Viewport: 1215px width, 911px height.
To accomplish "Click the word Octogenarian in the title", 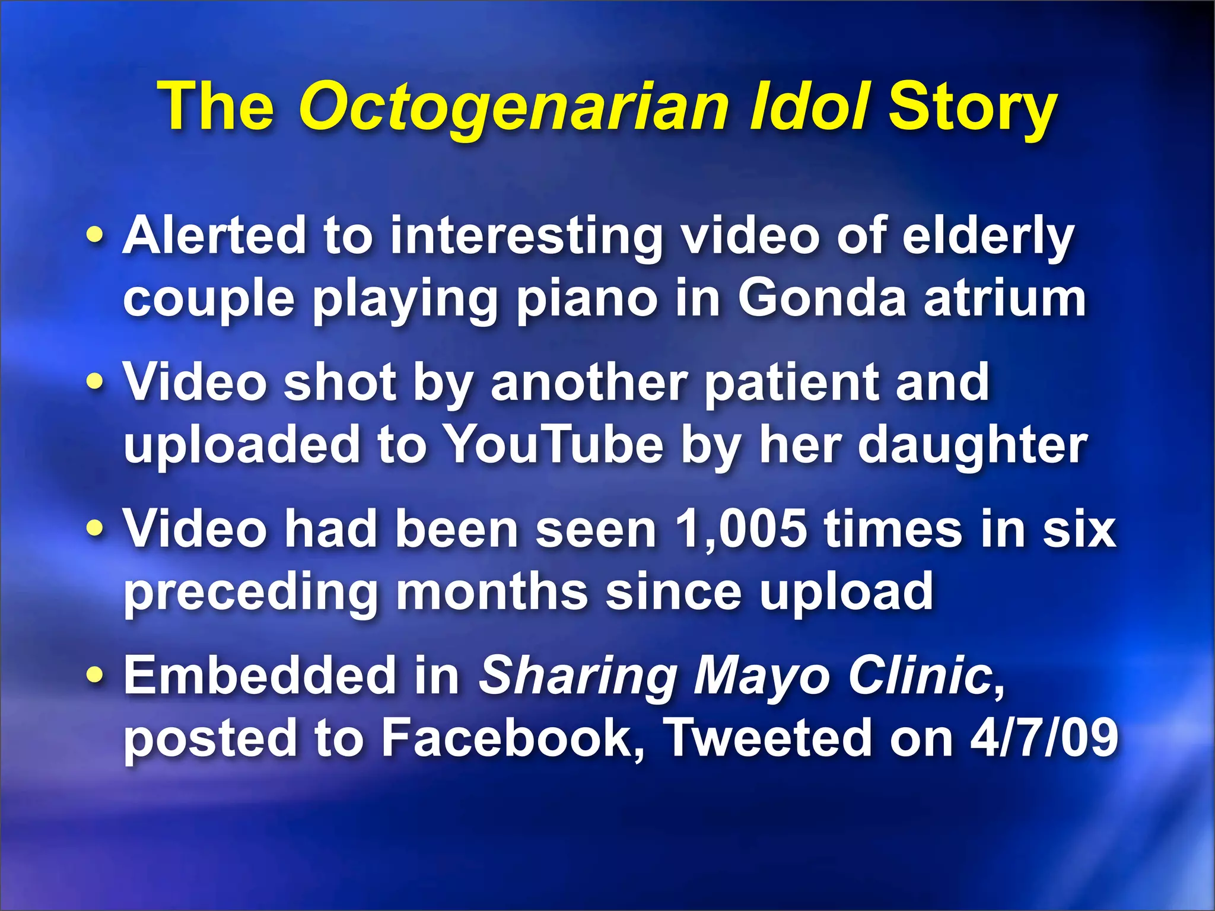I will coord(513,108).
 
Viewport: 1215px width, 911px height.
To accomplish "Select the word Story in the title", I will coord(973,108).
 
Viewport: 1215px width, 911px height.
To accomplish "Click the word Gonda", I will coord(822,298).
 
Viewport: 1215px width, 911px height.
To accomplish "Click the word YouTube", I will coord(553,445).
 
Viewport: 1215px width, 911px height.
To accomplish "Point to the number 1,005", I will coord(741,529).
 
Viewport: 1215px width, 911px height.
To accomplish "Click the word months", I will coord(492,591).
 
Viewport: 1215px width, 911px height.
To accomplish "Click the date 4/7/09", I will coord(1044,738).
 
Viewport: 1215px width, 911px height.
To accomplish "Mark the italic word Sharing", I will coord(578,676).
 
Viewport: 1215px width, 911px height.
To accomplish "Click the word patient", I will coord(791,383).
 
